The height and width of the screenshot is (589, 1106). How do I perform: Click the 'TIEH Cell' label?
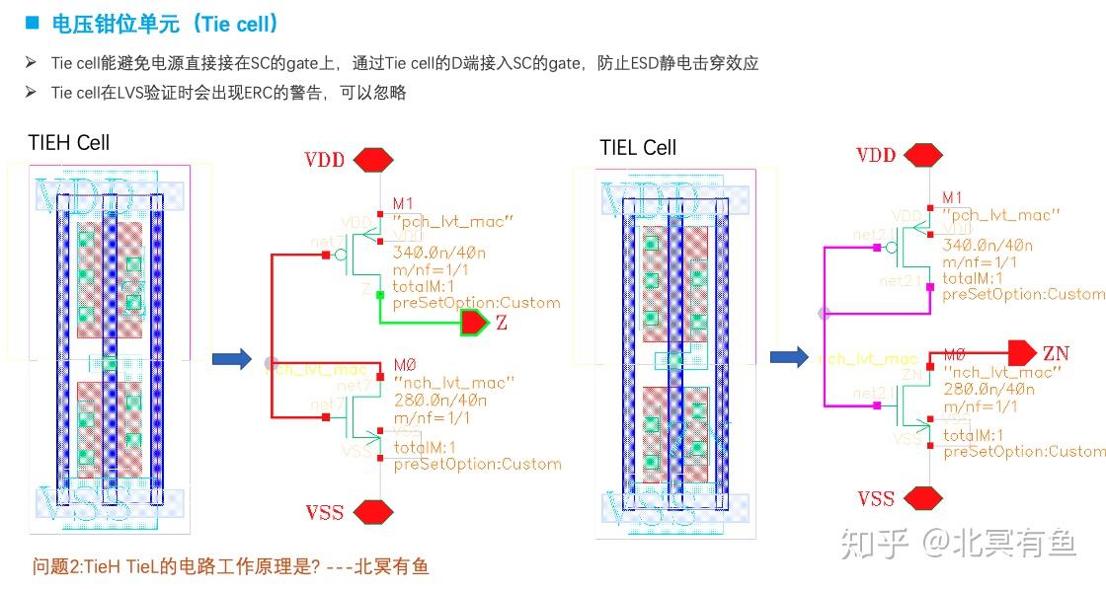point(68,143)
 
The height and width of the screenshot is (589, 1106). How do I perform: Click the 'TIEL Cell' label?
point(638,148)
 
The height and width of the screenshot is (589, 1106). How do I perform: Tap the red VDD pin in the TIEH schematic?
point(375,160)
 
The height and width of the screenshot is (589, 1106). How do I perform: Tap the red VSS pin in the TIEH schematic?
point(375,511)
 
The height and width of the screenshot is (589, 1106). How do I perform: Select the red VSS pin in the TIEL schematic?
point(924,497)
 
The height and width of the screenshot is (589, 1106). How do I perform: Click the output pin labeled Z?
point(473,323)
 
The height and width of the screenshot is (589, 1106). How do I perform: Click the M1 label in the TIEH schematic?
point(402,203)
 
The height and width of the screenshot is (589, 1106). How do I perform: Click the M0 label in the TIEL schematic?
point(954,354)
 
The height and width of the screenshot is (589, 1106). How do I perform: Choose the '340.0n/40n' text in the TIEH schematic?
point(435,252)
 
